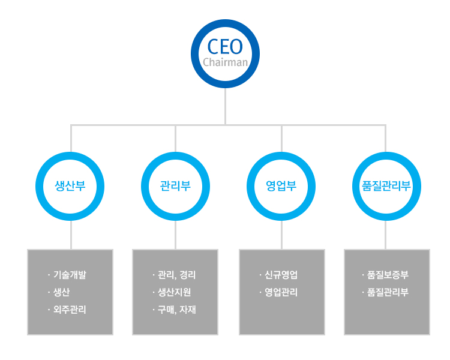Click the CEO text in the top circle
(x=225, y=47)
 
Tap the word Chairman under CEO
(x=225, y=62)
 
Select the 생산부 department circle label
(x=70, y=185)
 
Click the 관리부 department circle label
(x=175, y=185)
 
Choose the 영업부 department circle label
(x=281, y=185)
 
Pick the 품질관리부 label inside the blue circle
(x=386, y=185)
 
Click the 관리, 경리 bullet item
(x=176, y=275)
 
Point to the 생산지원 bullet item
(x=175, y=293)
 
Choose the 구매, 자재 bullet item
(x=176, y=310)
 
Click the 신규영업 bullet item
(x=281, y=275)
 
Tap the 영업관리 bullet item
(x=281, y=293)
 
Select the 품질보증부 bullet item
(x=388, y=275)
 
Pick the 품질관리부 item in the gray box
(x=388, y=293)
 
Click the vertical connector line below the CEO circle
(x=225, y=107)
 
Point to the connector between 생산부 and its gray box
(x=71, y=235)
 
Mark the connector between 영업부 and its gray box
(x=281, y=235)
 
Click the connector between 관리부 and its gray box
(x=176, y=235)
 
